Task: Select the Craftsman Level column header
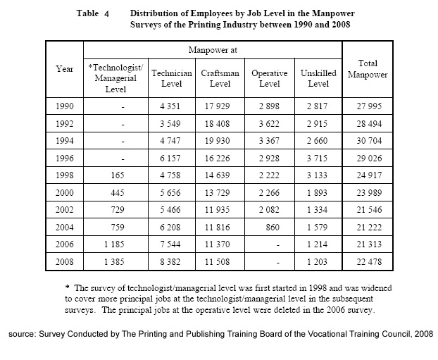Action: click(x=220, y=78)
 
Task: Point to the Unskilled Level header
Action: click(x=318, y=78)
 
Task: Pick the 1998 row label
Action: click(x=65, y=172)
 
